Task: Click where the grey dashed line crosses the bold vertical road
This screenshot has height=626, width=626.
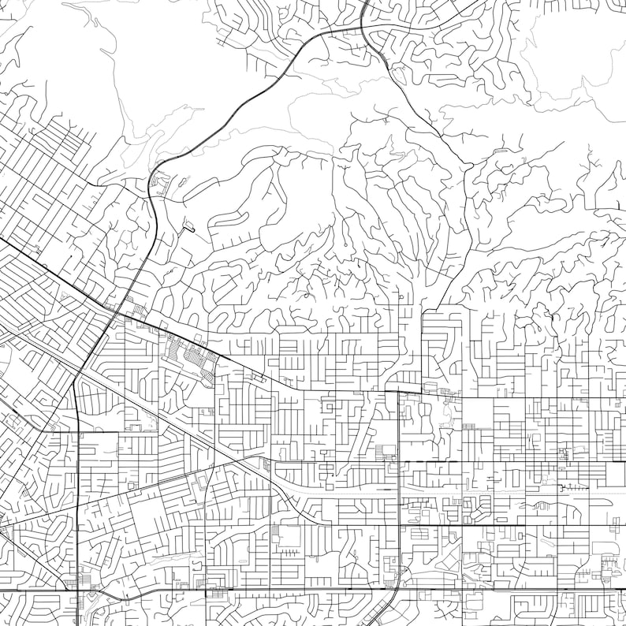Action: [x=399, y=490]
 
